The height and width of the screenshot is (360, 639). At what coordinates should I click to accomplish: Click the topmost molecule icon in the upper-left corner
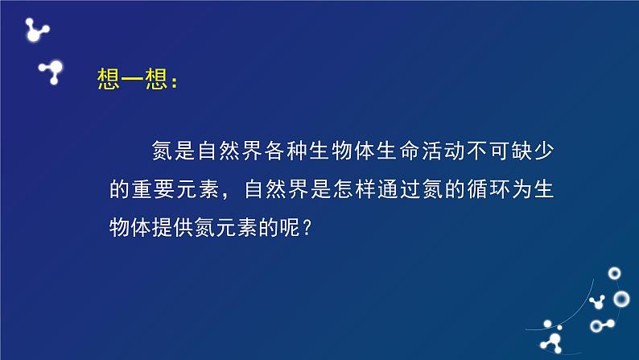tap(35, 30)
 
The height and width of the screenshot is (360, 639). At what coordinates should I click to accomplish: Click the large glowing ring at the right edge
tap(621, 299)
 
